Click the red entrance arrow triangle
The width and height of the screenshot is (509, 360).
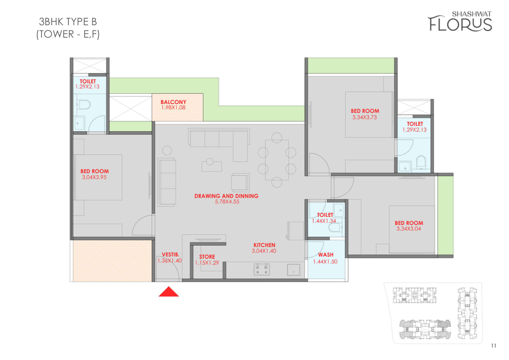(168, 292)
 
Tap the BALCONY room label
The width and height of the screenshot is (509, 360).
(174, 102)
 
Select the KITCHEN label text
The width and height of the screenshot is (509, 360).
(264, 245)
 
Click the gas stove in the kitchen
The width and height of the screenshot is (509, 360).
(262, 269)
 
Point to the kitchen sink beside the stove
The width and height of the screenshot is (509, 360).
(294, 270)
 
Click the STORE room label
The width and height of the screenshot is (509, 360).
(207, 257)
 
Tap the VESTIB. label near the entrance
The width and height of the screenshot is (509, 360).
(171, 255)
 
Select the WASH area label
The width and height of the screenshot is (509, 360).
(326, 255)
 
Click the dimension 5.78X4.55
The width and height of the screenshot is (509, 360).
(227, 201)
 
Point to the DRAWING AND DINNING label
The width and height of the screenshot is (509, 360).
(227, 196)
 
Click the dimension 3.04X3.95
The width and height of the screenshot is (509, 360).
(94, 177)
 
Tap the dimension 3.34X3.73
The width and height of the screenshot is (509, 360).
(365, 117)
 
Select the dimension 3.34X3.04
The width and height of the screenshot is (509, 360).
(409, 229)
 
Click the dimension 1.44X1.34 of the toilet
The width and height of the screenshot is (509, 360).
(324, 221)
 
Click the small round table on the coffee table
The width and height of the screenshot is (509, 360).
(210, 161)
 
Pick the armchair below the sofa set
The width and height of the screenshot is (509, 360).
(240, 182)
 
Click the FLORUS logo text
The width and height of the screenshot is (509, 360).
(460, 24)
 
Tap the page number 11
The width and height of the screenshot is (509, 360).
(494, 346)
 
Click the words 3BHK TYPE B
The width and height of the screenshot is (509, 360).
(68, 22)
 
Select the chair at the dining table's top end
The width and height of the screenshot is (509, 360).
(277, 138)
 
